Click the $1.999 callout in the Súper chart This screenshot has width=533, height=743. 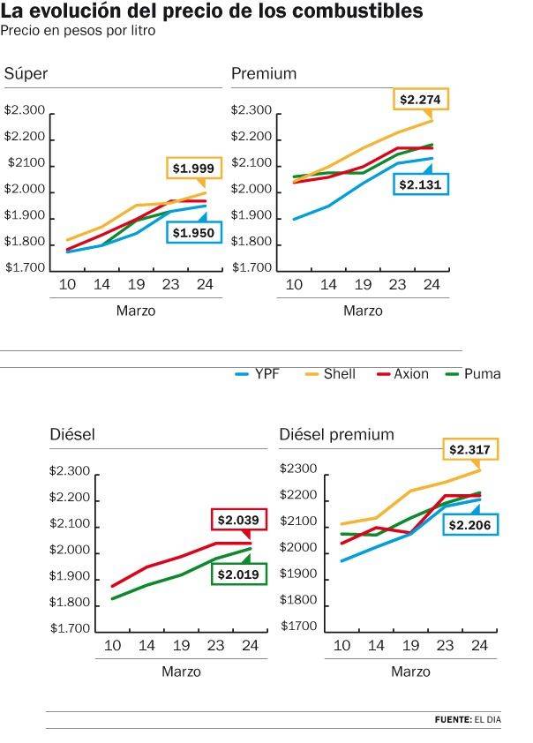(192, 168)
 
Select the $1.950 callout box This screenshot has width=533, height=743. (192, 233)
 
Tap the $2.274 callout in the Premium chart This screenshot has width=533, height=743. (419, 100)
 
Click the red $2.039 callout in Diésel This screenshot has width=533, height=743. (238, 520)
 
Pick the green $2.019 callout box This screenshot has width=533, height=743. (238, 574)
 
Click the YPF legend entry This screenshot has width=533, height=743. (257, 374)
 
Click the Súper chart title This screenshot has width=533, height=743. (26, 73)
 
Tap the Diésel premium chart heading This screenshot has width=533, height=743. (336, 435)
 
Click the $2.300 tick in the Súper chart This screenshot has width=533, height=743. (25, 110)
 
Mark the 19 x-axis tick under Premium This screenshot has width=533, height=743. (363, 284)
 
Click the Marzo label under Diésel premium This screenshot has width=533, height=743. (410, 672)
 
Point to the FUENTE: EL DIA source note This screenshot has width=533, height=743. (467, 720)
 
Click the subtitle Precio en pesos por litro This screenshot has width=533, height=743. (78, 31)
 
